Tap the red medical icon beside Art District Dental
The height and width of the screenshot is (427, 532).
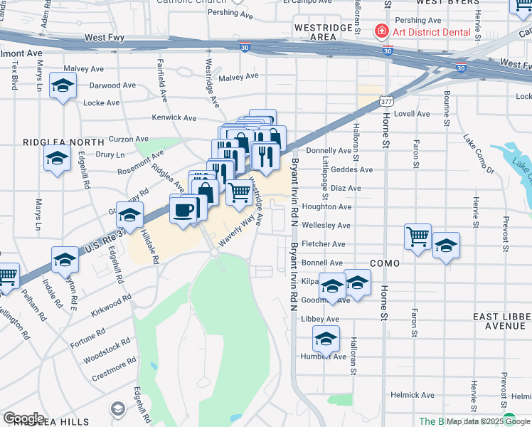click(381, 31)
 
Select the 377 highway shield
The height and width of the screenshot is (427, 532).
click(385, 102)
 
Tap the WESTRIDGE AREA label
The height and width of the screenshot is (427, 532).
click(324, 31)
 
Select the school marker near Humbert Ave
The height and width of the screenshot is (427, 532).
click(326, 339)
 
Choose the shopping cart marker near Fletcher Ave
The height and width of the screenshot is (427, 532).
click(417, 236)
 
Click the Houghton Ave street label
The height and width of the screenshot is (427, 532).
click(326, 207)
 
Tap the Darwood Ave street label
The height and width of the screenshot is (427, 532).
click(112, 85)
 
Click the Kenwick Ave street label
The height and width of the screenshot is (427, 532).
click(174, 117)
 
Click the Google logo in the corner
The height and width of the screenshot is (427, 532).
click(23, 418)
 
